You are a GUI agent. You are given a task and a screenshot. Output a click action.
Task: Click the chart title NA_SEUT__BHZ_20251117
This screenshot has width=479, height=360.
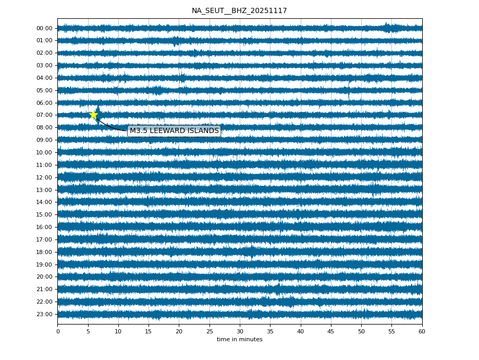pos(239,10)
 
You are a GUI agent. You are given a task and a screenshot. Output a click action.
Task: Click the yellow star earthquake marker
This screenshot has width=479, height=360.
pos(93,115)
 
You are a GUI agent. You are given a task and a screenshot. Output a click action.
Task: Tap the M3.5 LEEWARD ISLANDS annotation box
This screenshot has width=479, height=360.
pos(174,131)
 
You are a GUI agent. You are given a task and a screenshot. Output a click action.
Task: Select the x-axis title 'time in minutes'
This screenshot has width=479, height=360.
pos(239,340)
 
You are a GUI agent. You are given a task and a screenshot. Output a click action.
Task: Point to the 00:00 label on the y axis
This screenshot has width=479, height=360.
pos(44,28)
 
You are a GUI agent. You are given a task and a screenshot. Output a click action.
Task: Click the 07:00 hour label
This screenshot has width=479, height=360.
pos(44,115)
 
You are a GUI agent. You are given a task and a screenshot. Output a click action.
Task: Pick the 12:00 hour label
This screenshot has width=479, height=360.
pos(44,177)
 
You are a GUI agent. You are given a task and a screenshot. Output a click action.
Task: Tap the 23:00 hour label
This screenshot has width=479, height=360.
pos(44,314)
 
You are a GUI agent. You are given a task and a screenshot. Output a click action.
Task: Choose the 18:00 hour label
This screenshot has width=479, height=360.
pos(44,252)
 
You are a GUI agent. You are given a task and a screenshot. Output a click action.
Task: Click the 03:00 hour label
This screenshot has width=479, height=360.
pos(44,65)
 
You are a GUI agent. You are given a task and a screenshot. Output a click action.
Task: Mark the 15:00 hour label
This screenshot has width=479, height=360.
pos(44,214)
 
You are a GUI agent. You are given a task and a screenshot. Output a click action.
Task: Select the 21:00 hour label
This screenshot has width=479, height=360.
pos(44,289)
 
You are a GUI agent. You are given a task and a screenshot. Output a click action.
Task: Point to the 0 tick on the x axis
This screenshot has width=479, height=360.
pos(58,331)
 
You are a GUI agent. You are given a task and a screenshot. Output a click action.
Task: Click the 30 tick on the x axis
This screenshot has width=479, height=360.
pos(240,331)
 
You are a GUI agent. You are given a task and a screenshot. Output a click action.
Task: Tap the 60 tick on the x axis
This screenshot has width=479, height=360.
pos(422,331)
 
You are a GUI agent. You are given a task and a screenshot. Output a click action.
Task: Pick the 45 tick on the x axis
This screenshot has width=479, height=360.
pos(331,331)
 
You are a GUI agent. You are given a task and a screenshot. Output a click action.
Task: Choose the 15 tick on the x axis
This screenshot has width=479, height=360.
pos(149,331)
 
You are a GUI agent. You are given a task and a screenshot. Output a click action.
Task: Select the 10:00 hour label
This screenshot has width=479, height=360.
pos(44,152)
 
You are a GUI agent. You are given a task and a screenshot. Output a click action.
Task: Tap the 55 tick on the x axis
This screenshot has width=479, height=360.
pos(391,331)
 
